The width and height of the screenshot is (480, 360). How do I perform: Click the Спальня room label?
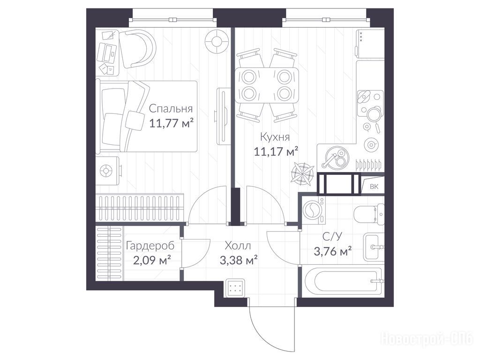point(171,109)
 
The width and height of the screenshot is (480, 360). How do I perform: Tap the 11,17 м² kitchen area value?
point(276,151)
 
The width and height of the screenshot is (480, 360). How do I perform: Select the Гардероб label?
point(150,246)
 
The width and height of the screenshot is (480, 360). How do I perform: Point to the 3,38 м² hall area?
point(239,260)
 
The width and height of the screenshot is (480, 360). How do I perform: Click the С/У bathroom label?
point(332,236)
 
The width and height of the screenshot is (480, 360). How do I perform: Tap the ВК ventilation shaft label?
point(374,187)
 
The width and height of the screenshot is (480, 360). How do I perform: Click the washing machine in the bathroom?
point(314,210)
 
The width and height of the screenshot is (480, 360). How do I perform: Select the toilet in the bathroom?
point(369,214)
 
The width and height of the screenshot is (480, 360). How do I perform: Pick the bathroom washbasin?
point(374,247)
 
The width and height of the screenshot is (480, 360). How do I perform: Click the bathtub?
point(342,281)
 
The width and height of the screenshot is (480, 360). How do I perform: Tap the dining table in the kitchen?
point(266,85)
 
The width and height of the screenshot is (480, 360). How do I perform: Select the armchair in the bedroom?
point(137,48)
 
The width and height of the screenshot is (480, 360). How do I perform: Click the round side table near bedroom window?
point(217,41)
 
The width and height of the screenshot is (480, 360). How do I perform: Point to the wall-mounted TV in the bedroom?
point(222,116)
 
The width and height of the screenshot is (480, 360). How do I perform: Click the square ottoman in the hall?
point(235,288)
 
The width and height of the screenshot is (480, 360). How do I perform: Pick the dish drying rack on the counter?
point(368,165)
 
